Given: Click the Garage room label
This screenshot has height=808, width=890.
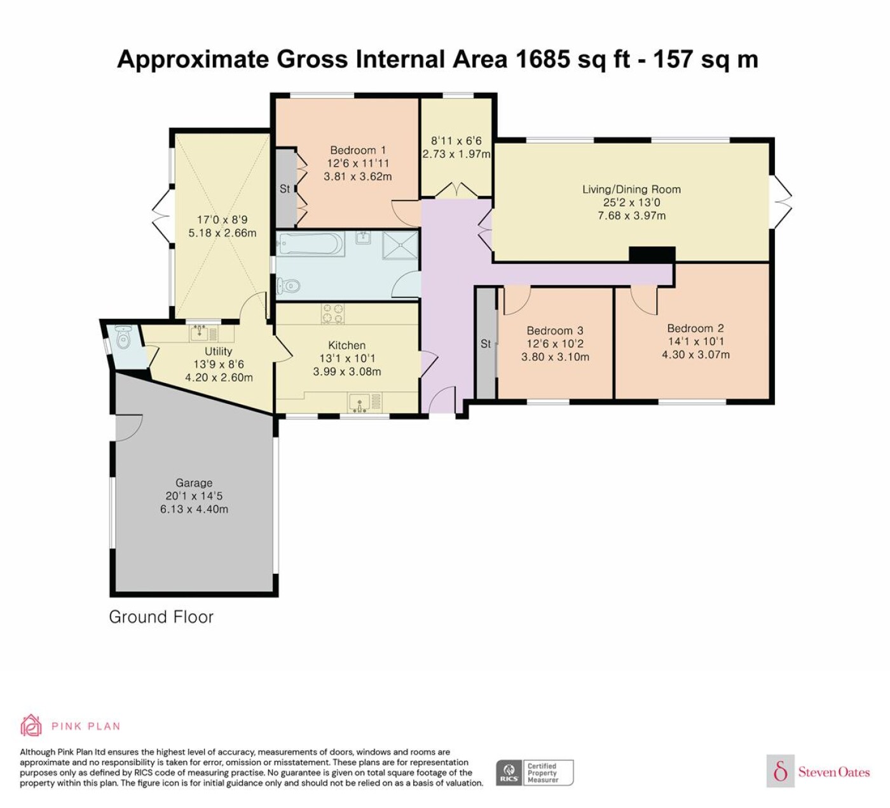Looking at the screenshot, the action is tap(194, 482).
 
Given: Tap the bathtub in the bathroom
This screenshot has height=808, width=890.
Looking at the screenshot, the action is tap(310, 244).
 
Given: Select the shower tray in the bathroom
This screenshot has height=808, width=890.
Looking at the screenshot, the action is tap(400, 244).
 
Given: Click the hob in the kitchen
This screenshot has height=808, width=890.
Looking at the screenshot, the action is tap(332, 313).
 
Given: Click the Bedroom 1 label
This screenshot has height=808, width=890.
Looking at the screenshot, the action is tap(358, 150).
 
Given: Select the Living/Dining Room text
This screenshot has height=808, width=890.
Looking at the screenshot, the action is tap(631, 189).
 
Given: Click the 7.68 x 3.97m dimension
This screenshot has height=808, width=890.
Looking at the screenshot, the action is tap(631, 216).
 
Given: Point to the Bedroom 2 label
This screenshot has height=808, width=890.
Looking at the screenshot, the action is tap(695, 328).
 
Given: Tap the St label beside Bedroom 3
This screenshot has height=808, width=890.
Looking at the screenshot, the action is tap(486, 344).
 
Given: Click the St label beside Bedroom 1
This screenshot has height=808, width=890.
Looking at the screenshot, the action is tap(285, 189).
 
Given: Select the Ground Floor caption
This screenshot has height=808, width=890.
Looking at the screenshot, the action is tap(161, 616).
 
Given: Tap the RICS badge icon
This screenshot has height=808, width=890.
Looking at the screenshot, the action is tap(509, 772).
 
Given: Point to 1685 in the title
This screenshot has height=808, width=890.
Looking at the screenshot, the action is tap(543, 59).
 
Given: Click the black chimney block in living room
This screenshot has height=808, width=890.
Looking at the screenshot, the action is tap(652, 254).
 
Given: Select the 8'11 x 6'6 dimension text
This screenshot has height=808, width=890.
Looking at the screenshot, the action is tap(456, 141).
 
